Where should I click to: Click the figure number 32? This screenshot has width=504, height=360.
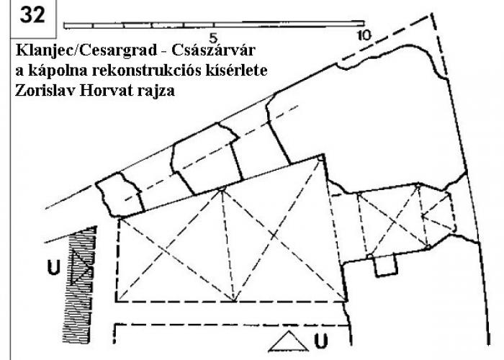point(32,15)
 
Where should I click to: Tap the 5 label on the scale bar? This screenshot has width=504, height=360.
point(213,38)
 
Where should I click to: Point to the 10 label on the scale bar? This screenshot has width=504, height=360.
point(364,35)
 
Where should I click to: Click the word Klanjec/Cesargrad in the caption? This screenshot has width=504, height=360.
point(86,50)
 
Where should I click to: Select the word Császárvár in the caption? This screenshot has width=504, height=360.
point(213,50)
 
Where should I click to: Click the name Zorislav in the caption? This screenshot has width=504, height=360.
point(45,90)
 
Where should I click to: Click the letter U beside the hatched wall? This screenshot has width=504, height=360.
point(54,267)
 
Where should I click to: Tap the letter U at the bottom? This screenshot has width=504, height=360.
point(321,341)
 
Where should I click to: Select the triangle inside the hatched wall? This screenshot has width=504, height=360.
point(81,267)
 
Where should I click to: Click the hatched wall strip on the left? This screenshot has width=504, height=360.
point(80,284)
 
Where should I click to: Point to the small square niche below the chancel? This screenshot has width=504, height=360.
point(386,266)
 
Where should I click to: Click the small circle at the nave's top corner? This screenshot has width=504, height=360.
point(320,158)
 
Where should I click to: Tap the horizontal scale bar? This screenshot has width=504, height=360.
point(214,24)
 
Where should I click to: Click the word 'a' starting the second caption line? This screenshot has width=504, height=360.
point(19,72)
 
